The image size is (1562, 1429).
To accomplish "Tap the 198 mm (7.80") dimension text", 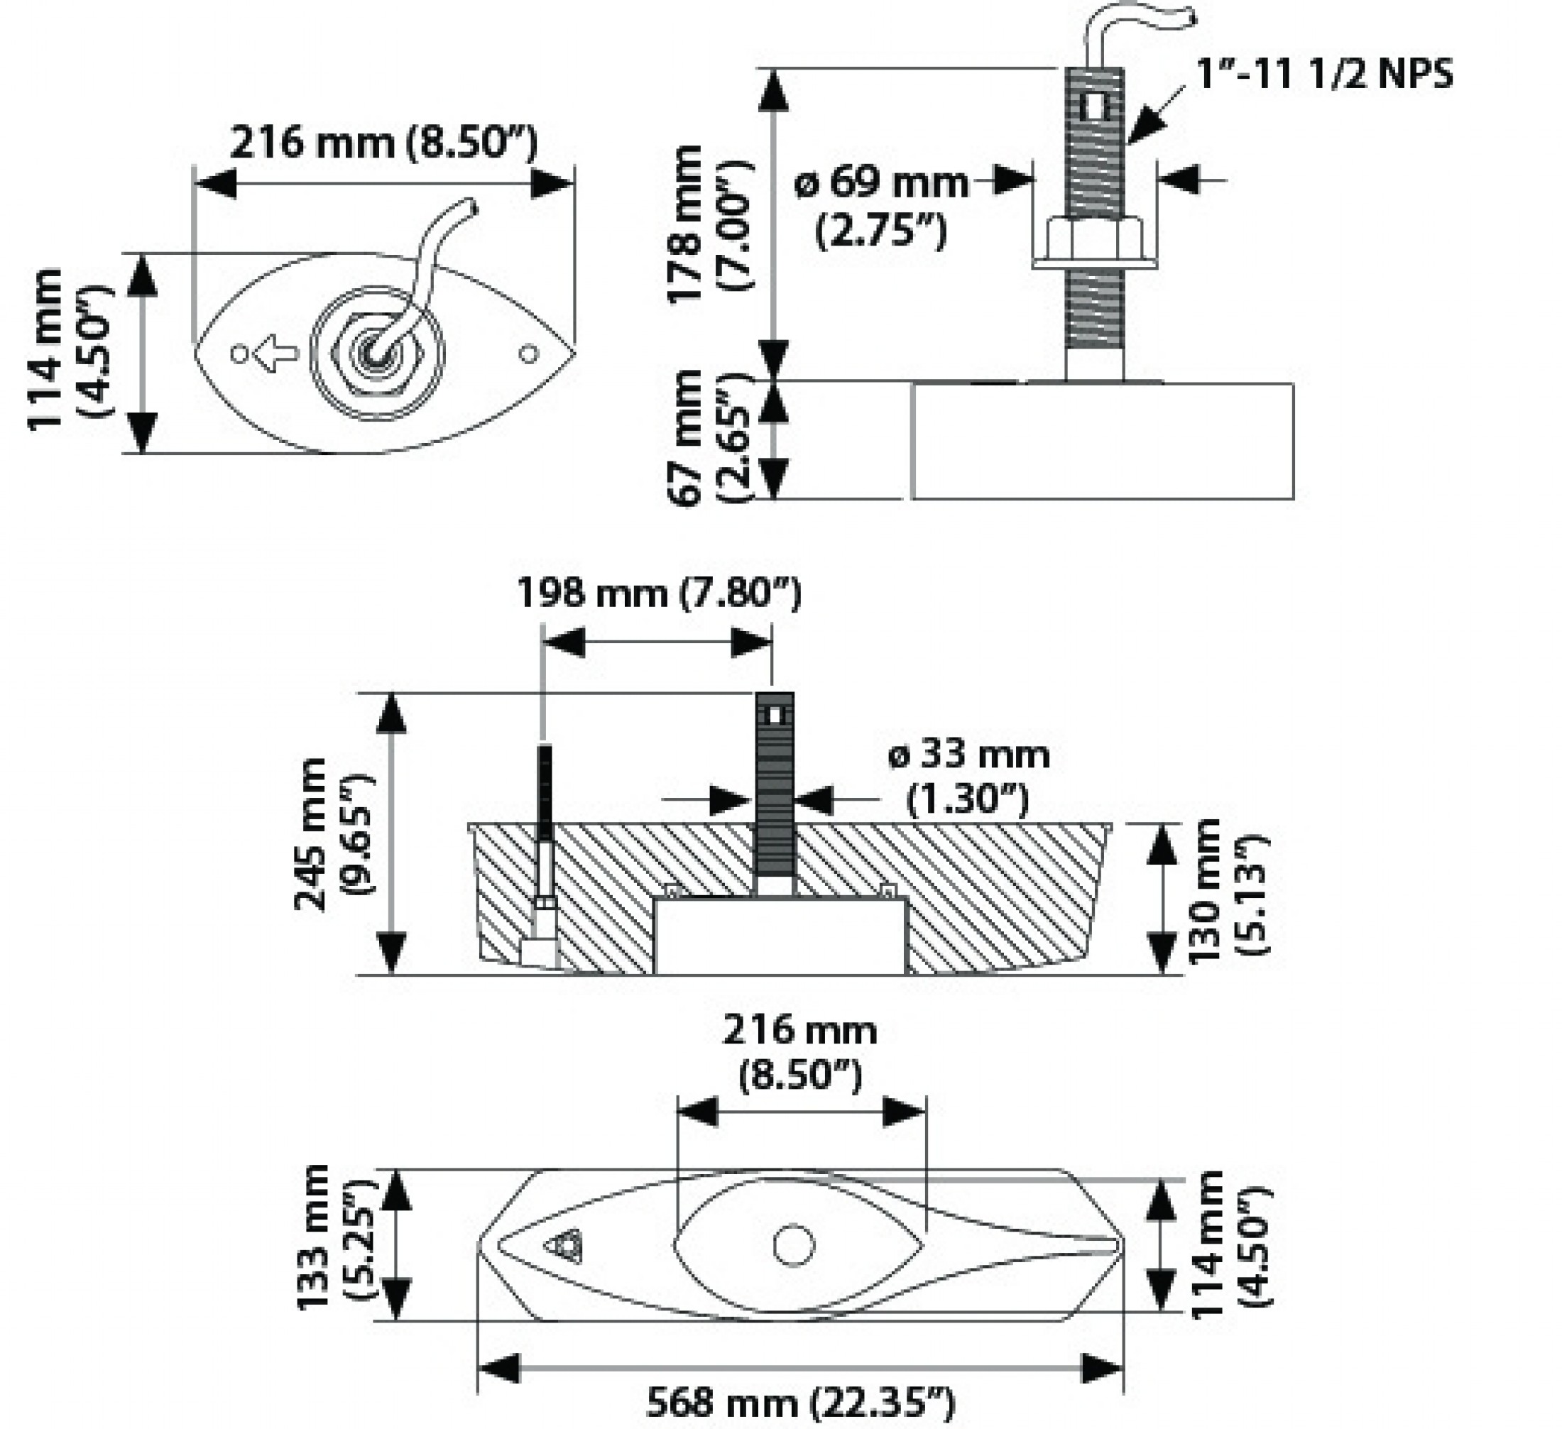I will click(x=659, y=594).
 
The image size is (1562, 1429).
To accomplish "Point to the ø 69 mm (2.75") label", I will click(x=882, y=205).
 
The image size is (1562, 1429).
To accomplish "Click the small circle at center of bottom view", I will click(x=794, y=1245).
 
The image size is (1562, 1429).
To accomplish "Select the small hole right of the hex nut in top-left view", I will click(x=528, y=354).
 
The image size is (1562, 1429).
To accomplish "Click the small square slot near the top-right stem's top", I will click(x=1094, y=108).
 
